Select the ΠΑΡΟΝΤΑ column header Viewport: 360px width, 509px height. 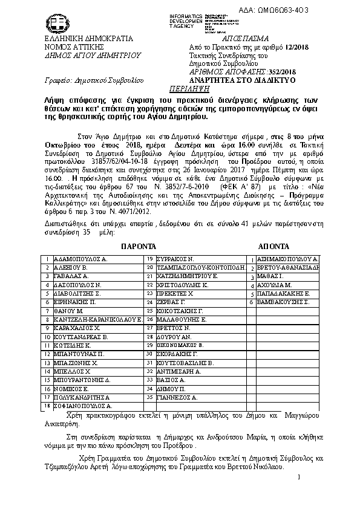tap(139, 247)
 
